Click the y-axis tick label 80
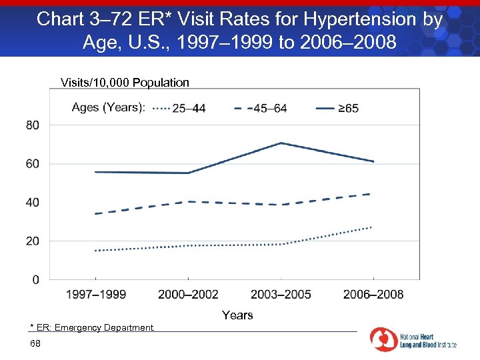pyautogui.click(x=33, y=125)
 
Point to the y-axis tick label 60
pyautogui.click(x=33, y=164)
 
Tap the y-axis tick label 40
pyautogui.click(x=33, y=202)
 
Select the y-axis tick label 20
pyautogui.click(x=33, y=241)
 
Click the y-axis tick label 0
pyautogui.click(x=35, y=279)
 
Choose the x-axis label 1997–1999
pyautogui.click(x=95, y=295)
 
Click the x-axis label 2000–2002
pyautogui.click(x=188, y=295)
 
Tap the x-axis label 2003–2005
pyautogui.click(x=281, y=295)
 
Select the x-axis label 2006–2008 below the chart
pyautogui.click(x=373, y=295)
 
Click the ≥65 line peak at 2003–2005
pyautogui.click(x=281, y=143)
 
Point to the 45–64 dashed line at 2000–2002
pyautogui.click(x=188, y=201)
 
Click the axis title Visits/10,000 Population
pyautogui.click(x=125, y=83)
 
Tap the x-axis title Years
pyautogui.click(x=237, y=315)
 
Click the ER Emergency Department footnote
pyautogui.click(x=92, y=327)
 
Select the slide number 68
pyautogui.click(x=35, y=343)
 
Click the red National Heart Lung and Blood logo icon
pyautogui.click(x=383, y=340)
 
